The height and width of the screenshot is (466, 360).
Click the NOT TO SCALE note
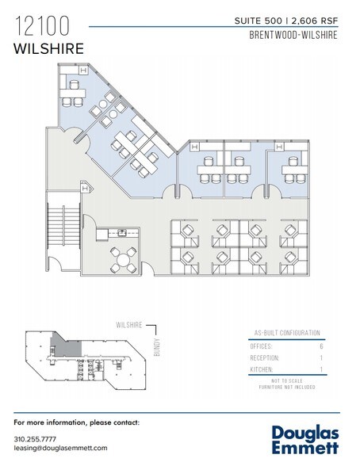(282, 381)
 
